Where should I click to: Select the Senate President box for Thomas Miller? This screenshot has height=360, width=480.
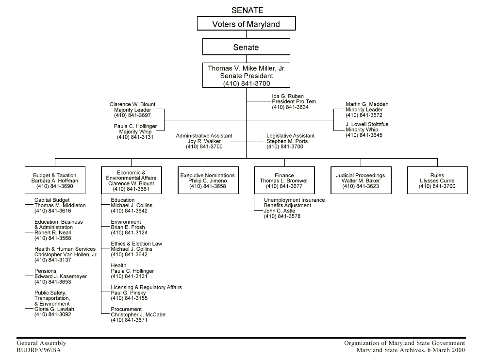pyautogui.click(x=246, y=76)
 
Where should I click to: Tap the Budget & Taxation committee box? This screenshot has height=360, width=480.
pyautogui.click(x=54, y=180)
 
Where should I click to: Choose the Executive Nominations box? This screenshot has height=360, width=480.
pyautogui.click(x=207, y=180)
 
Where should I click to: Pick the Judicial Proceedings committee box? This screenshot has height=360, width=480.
pyautogui.click(x=360, y=180)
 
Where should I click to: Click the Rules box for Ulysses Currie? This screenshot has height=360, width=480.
pyautogui.click(x=437, y=180)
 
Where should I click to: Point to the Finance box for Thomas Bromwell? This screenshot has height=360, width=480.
pyautogui.click(x=284, y=180)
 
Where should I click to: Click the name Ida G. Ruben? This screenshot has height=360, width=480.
pyautogui.click(x=287, y=96)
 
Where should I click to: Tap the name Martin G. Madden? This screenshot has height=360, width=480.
pyautogui.click(x=367, y=104)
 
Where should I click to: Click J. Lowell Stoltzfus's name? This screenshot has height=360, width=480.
pyautogui.click(x=367, y=124)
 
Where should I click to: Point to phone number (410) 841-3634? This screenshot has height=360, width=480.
pyautogui.click(x=290, y=107)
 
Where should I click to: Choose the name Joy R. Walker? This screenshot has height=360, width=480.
pyautogui.click(x=204, y=141)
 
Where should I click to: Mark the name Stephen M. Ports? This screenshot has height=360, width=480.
pyautogui.click(x=287, y=141)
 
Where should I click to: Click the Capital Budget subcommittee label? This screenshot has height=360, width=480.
pyautogui.click(x=52, y=200)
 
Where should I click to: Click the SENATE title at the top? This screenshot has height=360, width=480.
pyautogui.click(x=248, y=10)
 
